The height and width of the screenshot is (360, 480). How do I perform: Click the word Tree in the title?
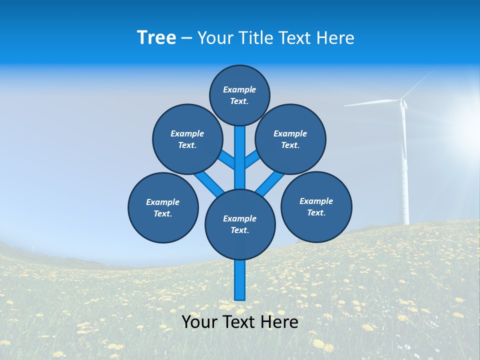tap(156, 38)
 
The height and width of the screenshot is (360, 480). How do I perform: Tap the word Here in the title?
tap(335, 38)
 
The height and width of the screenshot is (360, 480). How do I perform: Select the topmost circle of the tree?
tap(239, 95)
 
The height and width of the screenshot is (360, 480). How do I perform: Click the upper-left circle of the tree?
tap(187, 139)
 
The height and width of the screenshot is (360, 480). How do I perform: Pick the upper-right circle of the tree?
tap(290, 139)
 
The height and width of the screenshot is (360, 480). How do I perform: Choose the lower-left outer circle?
tap(163, 207)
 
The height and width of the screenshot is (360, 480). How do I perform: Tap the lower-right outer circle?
tap(316, 206)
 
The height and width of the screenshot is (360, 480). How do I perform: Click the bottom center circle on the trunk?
tap(240, 224)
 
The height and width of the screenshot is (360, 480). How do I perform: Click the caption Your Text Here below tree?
tap(240, 322)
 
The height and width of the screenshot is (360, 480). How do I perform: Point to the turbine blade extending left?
tap(370, 103)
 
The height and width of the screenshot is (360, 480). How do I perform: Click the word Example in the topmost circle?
tap(239, 89)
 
